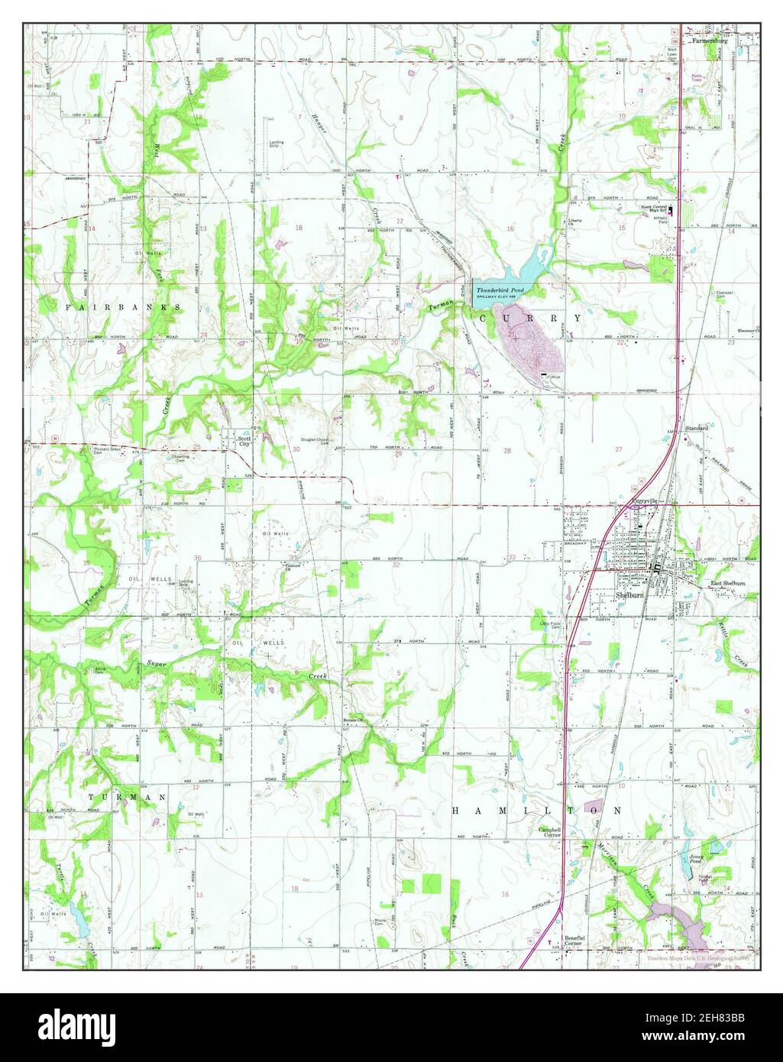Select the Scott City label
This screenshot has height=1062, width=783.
(244, 441)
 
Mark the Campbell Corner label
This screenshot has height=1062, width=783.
(550, 832)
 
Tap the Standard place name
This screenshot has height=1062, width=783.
(697, 429)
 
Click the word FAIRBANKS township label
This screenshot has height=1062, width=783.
(122, 306)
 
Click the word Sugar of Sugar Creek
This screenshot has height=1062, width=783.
(157, 665)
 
